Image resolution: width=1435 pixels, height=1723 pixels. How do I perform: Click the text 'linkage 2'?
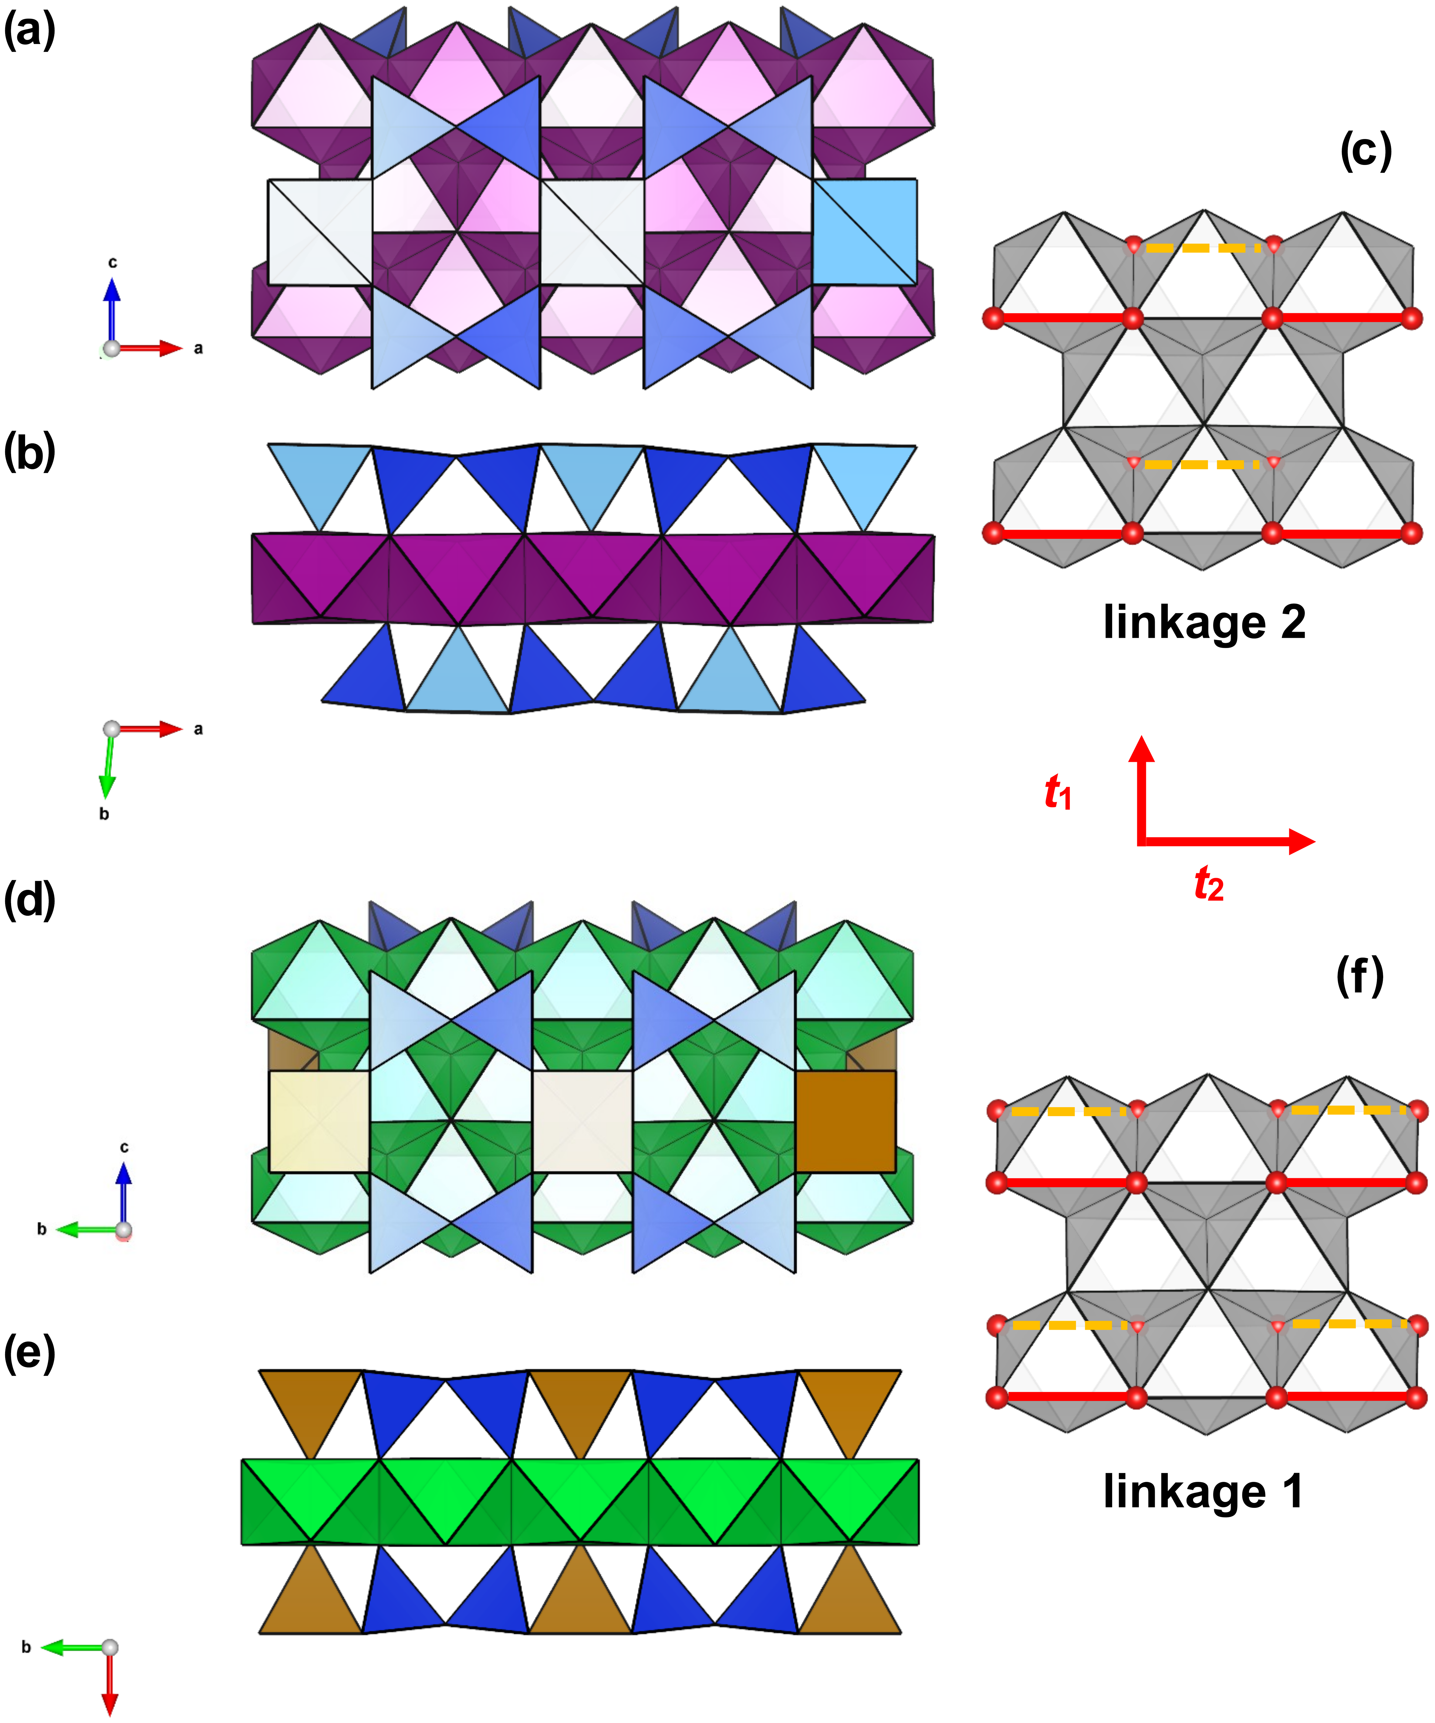coord(1204,622)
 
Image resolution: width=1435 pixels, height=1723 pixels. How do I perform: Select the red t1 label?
coord(1058,793)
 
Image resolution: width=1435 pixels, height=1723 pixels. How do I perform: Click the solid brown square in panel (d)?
coord(845,1122)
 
